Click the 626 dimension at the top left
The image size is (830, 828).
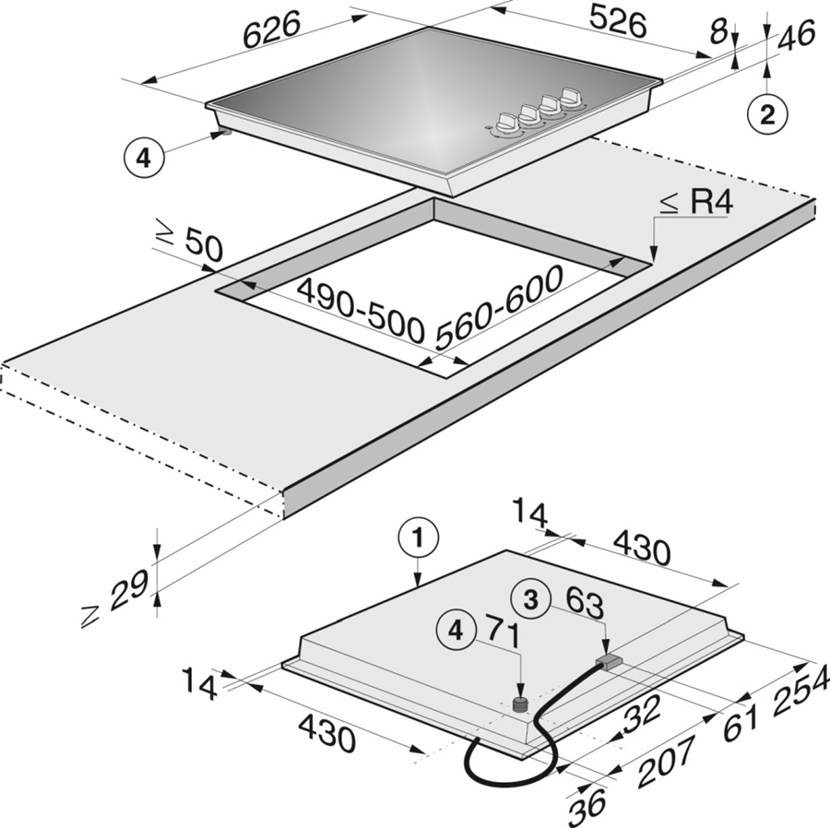(272, 31)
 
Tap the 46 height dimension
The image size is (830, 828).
(797, 36)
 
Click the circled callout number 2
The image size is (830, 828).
(768, 115)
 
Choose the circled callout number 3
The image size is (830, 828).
(530, 599)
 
